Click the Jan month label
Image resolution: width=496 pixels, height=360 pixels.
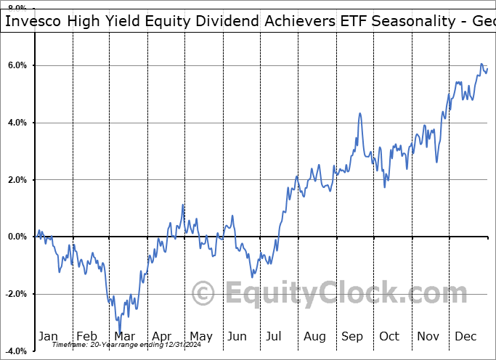pos(47,336)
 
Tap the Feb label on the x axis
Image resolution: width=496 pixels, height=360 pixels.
pos(86,336)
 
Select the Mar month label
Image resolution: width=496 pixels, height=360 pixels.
pos(124,336)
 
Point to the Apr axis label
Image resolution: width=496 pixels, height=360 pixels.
pos(162,336)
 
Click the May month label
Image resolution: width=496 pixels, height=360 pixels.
pos(200,336)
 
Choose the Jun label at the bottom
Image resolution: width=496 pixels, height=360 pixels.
pos(238,336)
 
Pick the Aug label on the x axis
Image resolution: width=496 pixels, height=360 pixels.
pos(314,336)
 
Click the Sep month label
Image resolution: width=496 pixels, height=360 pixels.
pos(352,336)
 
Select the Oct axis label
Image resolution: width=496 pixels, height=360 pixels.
pos(390,336)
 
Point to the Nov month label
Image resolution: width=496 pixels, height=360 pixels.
pos(428,336)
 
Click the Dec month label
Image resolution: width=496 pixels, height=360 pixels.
pos(466,336)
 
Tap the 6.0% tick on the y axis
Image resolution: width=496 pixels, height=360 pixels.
pos(17,65)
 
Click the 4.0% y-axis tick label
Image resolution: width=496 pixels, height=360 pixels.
pos(17,123)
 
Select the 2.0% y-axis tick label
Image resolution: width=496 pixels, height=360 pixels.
pos(17,180)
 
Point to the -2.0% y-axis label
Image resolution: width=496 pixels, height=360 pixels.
pos(15,294)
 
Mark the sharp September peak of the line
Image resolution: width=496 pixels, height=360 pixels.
pos(359,113)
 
